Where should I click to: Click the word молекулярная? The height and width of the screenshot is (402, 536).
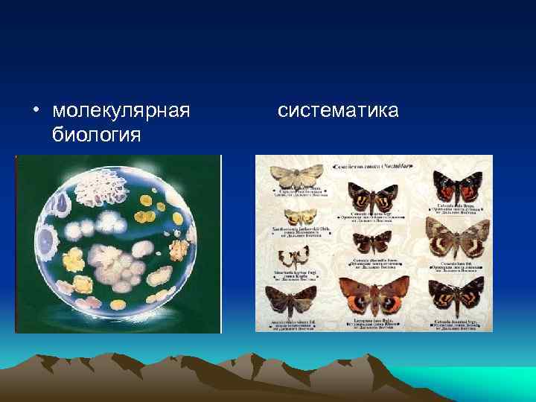(121, 111)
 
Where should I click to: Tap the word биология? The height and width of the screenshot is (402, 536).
(96, 135)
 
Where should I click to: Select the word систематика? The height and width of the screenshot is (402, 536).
(338, 111)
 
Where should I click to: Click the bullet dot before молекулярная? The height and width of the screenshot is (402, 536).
(35, 112)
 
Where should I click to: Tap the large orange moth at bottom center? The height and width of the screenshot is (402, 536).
(374, 294)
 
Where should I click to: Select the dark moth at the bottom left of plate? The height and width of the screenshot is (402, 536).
(293, 301)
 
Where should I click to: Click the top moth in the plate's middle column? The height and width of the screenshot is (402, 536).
(374, 195)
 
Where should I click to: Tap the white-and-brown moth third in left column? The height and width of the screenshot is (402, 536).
(293, 258)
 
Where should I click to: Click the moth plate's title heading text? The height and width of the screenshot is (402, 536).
(374, 163)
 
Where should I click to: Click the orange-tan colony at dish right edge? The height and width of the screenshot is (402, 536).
(180, 248)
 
